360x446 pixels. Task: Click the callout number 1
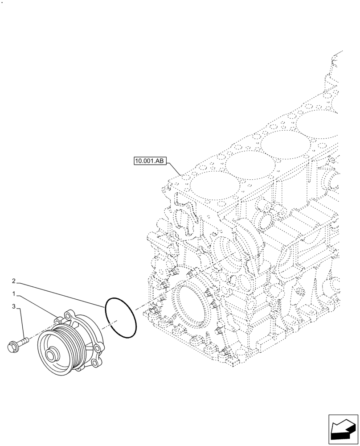coord(14,294)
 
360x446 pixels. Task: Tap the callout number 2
coord(14,281)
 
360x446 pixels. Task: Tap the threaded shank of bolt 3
coord(24,341)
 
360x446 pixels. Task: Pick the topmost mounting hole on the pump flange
coord(68,315)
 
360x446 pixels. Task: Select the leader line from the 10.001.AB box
coord(174,168)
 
